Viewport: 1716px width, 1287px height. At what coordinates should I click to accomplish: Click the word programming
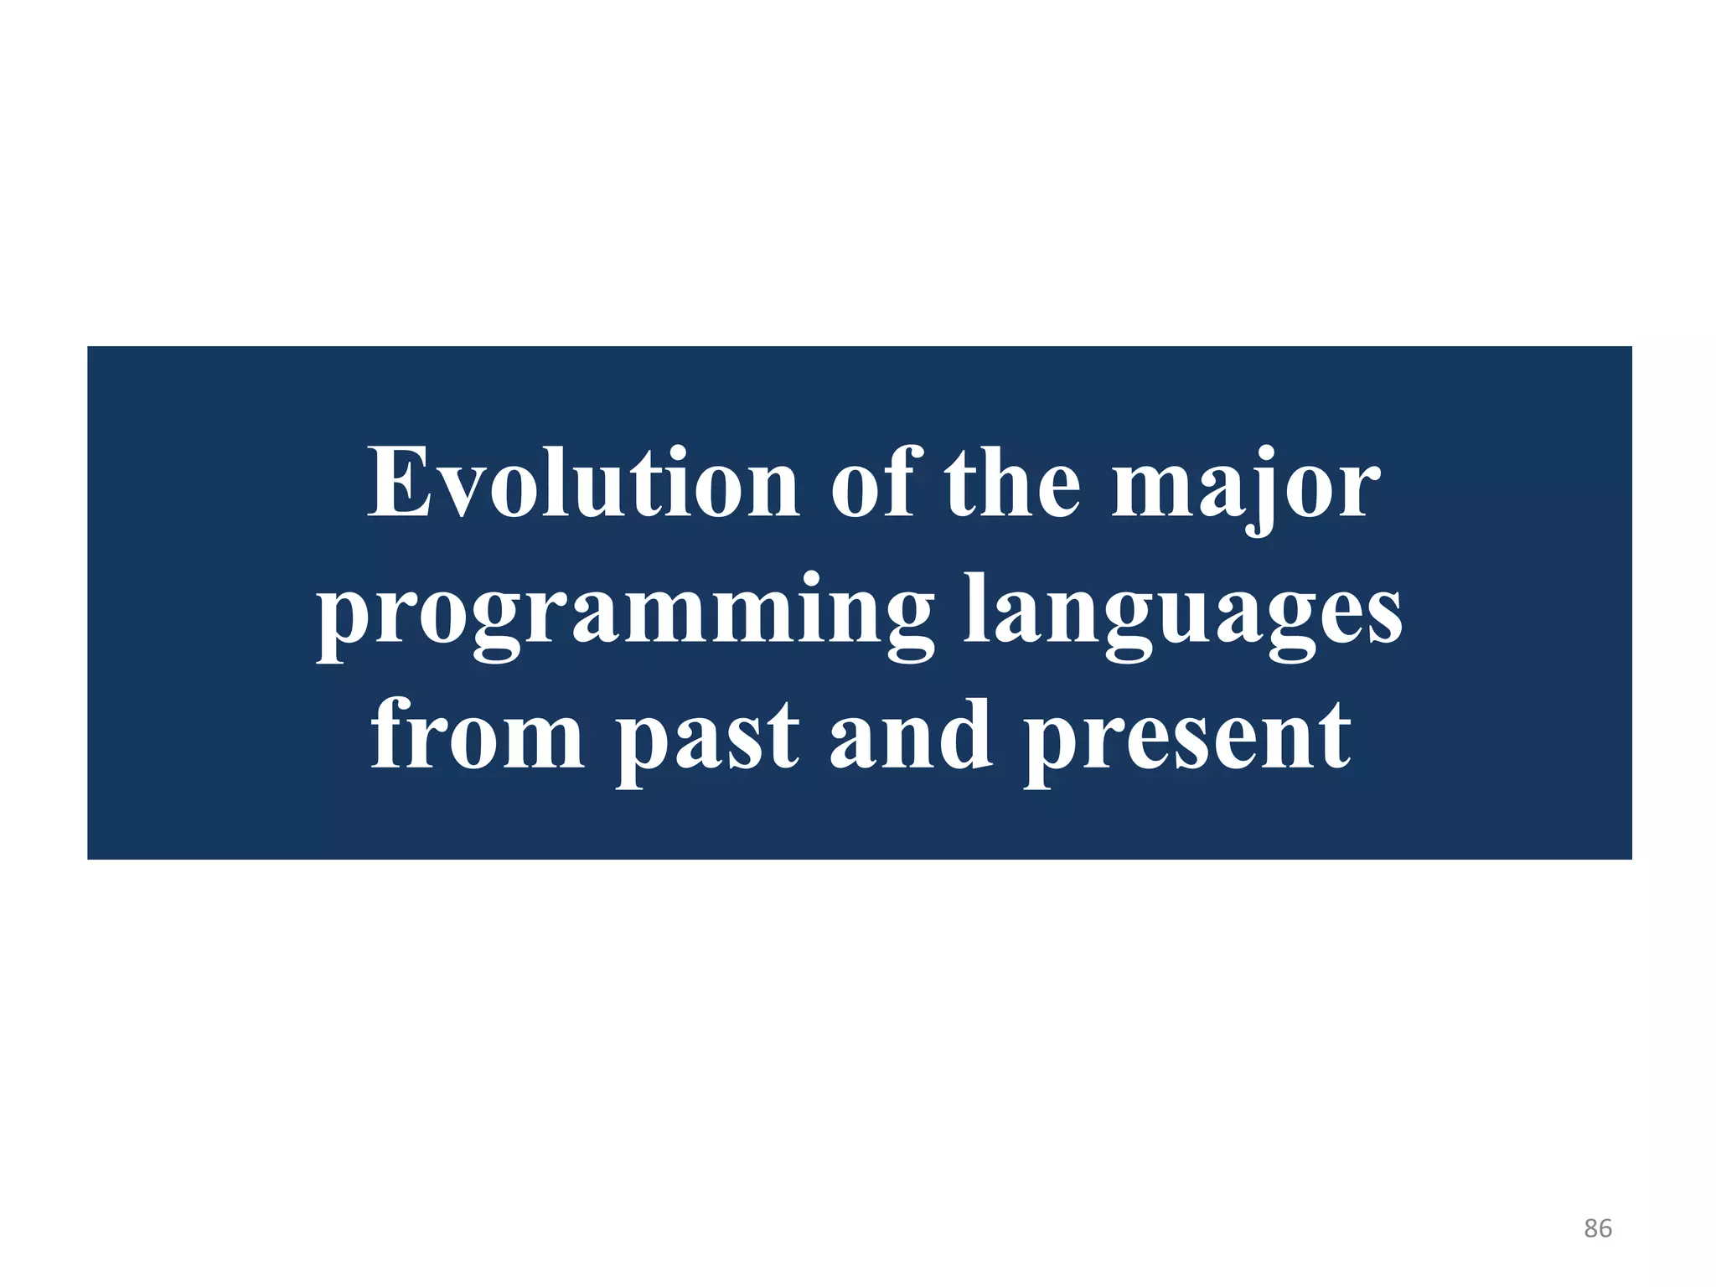625,616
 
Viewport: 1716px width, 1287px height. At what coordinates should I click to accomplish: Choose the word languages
1182,616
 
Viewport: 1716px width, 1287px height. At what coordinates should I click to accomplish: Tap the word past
709,741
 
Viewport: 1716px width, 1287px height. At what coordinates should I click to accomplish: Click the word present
1188,741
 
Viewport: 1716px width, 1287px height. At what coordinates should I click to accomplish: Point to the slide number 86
1598,1228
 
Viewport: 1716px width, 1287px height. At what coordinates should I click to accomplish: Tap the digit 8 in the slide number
1590,1228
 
